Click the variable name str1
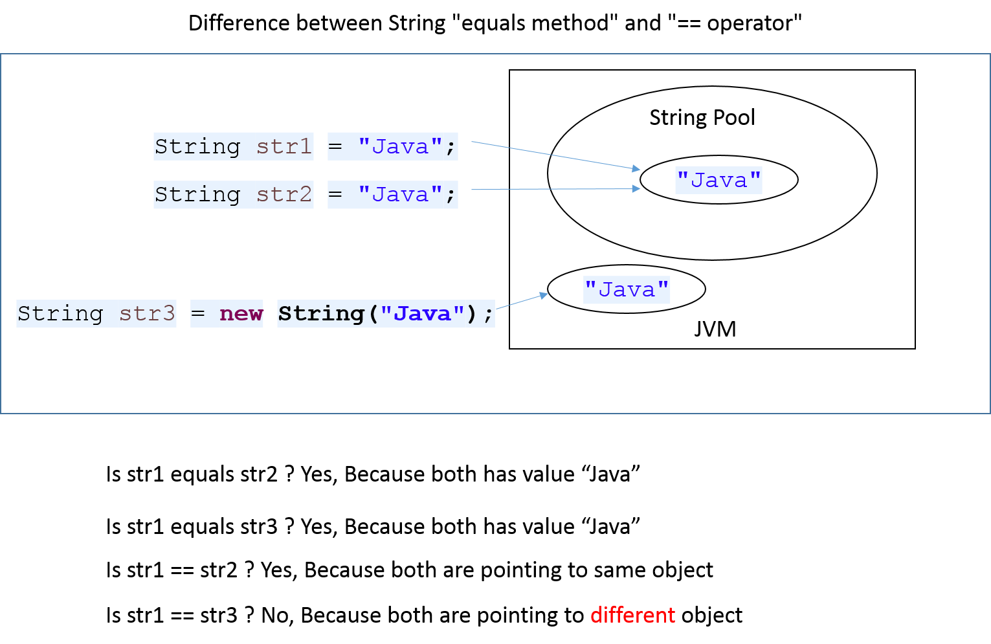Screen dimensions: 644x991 point(284,147)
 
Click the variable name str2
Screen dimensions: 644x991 point(284,195)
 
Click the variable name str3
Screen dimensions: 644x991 point(147,314)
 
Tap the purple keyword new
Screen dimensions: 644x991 point(241,314)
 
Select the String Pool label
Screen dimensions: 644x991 point(702,118)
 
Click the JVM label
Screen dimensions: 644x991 point(715,329)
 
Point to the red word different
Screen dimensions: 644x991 point(632,615)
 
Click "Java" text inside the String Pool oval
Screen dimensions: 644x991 point(718,180)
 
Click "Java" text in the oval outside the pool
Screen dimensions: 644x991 point(626,289)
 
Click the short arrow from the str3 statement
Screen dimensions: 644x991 point(522,301)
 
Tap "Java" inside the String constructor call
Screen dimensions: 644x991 point(422,314)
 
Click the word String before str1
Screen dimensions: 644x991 point(197,147)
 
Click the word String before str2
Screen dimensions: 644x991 point(197,195)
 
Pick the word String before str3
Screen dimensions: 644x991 point(60,314)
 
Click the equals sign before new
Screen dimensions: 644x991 point(198,314)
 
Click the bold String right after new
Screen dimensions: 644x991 point(321,314)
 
